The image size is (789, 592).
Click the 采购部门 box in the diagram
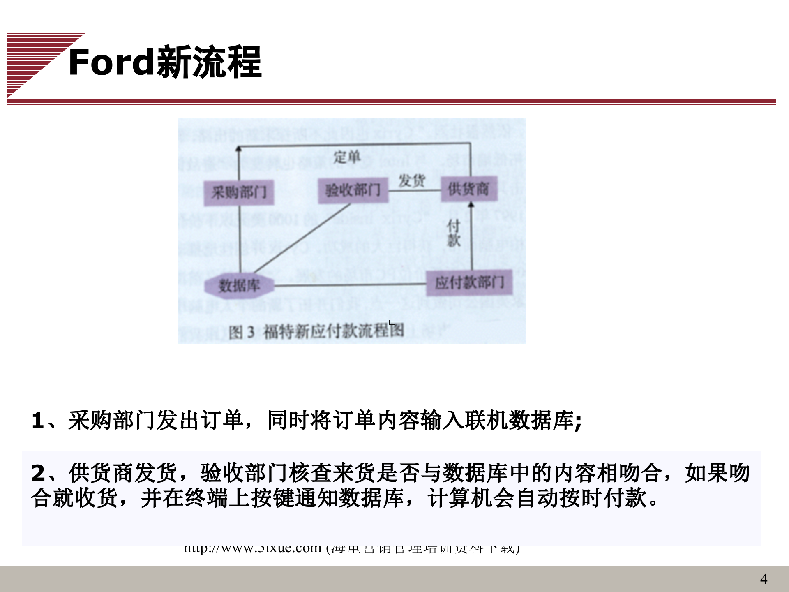pyautogui.click(x=239, y=192)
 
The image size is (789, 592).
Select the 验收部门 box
pyautogui.click(x=353, y=190)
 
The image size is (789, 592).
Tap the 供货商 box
pyautogui.click(x=469, y=189)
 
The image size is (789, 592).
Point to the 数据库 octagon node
pyautogui.click(x=239, y=285)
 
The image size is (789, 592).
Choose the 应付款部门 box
pyautogui.click(x=469, y=282)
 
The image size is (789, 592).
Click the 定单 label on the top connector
pyautogui.click(x=346, y=157)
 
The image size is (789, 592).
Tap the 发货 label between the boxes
pyautogui.click(x=411, y=180)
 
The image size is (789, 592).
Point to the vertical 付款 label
pyautogui.click(x=453, y=233)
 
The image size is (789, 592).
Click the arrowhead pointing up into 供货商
pyautogui.click(x=471, y=204)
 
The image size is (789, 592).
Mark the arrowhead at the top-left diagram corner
pyautogui.click(x=239, y=148)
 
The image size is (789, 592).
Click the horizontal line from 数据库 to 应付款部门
pyautogui.click(x=349, y=285)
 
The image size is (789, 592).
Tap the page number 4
pyautogui.click(x=764, y=579)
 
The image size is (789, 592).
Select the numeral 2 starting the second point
pyautogui.click(x=38, y=473)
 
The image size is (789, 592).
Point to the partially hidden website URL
pyautogui.click(x=351, y=549)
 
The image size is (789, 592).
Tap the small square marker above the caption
pyautogui.click(x=392, y=322)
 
